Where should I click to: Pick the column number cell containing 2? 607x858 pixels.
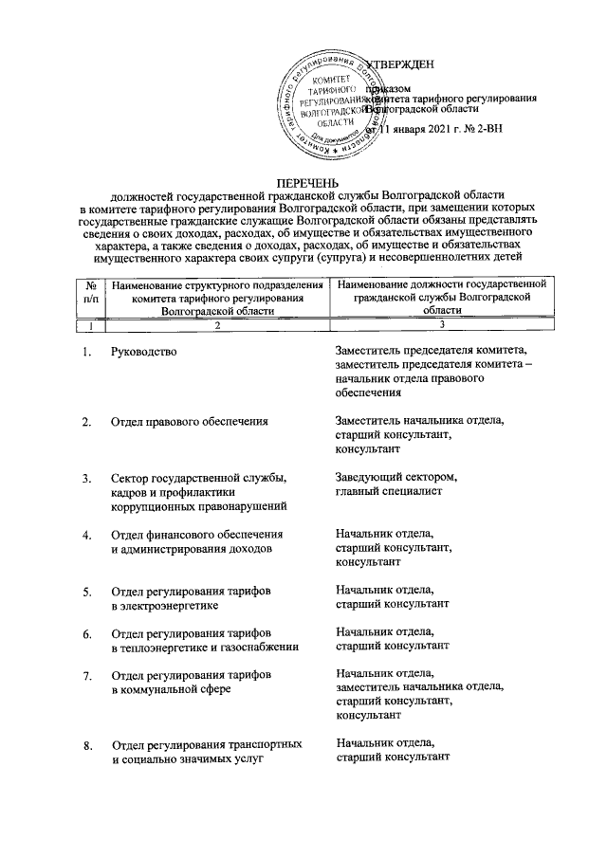coord(217,325)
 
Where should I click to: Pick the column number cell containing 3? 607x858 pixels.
coord(442,325)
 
